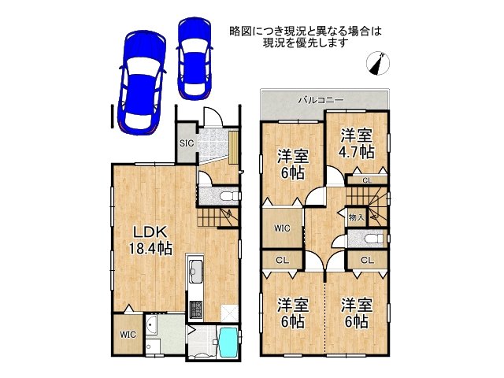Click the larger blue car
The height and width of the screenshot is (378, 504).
click(142, 82)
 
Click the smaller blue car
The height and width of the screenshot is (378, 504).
click(195, 58)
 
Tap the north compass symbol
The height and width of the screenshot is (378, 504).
click(378, 63)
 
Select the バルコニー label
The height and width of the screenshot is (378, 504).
click(321, 100)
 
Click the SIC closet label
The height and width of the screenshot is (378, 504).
click(187, 143)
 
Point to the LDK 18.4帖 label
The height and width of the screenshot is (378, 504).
click(150, 240)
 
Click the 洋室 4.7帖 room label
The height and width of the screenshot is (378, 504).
click(357, 143)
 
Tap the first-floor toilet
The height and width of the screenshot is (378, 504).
click(231, 195)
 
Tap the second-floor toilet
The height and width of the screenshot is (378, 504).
click(375, 239)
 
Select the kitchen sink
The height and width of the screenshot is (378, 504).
click(195, 268)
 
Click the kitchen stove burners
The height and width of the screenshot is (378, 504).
click(195, 309)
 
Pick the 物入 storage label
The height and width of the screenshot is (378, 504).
click(356, 217)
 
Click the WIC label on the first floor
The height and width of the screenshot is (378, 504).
click(128, 334)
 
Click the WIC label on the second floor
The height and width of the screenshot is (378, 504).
click(282, 228)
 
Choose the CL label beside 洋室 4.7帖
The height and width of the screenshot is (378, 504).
click(367, 180)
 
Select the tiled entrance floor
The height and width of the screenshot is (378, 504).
click(213, 145)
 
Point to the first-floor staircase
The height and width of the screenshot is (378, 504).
click(218, 217)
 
